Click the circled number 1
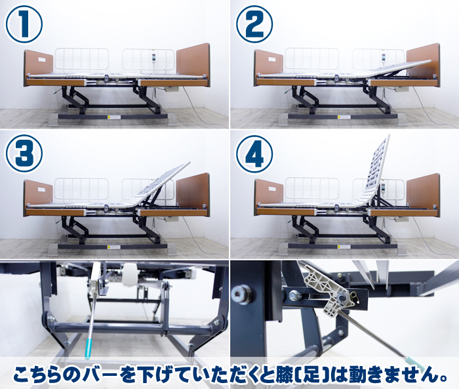click(24, 24)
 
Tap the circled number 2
click(254, 24)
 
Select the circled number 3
click(24, 154)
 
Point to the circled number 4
click(254, 154)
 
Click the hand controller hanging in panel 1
click(153, 56)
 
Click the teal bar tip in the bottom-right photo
click(415, 363)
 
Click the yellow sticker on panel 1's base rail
click(110, 117)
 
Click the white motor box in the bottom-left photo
click(130, 274)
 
